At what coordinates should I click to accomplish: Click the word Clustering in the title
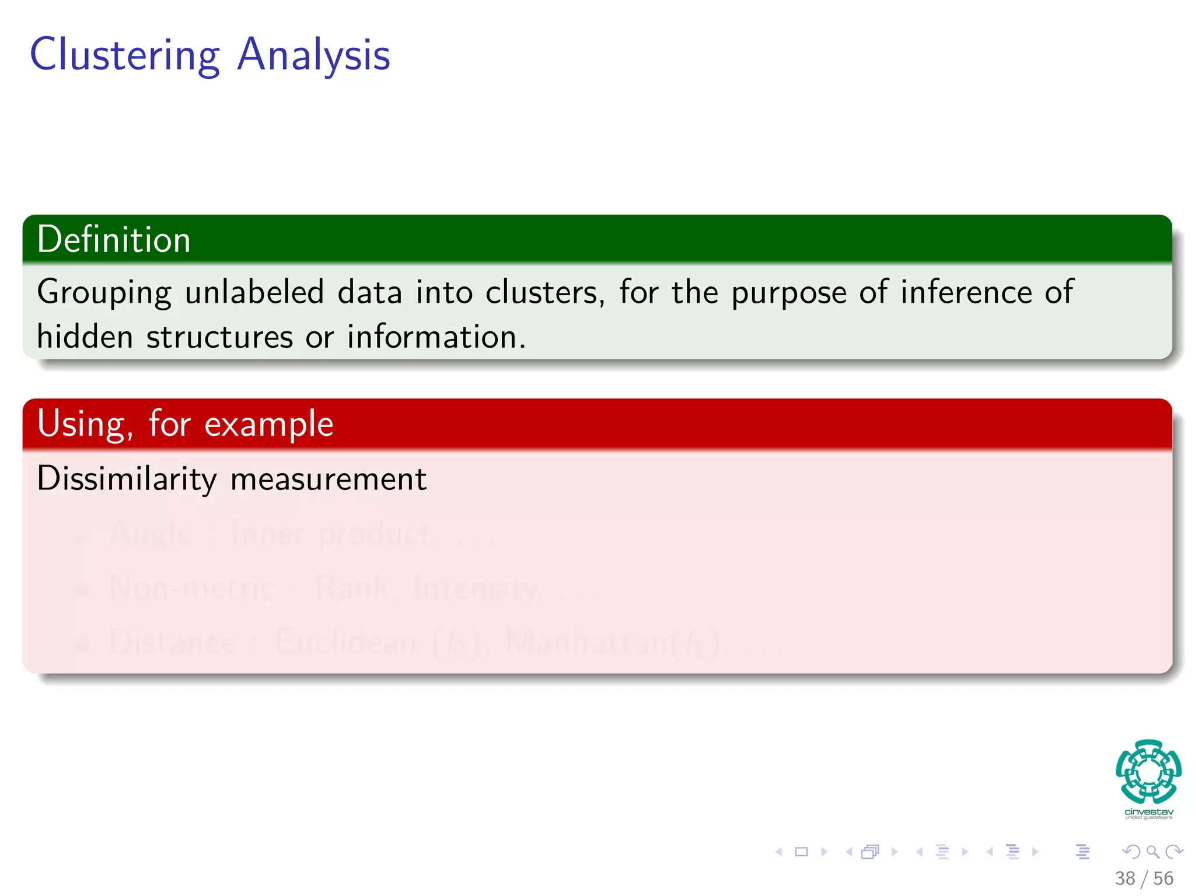(x=124, y=55)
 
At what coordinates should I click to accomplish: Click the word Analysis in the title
(x=314, y=55)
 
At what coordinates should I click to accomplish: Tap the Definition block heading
(x=114, y=240)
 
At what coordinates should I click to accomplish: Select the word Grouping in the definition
(x=104, y=292)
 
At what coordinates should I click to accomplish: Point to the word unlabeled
(x=254, y=292)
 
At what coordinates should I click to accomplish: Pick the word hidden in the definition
(x=85, y=337)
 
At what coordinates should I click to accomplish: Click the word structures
(x=220, y=337)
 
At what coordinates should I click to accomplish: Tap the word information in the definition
(x=436, y=337)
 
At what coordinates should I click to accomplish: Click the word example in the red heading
(x=269, y=424)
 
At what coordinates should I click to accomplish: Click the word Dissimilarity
(x=127, y=479)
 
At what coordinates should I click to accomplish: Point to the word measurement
(x=329, y=479)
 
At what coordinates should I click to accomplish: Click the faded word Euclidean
(x=346, y=642)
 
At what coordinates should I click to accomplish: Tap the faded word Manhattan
(x=589, y=642)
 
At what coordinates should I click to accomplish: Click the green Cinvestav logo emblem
(x=1148, y=772)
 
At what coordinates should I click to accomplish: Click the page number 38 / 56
(x=1144, y=878)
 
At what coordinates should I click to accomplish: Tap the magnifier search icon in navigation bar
(x=1152, y=852)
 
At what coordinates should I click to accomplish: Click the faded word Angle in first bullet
(x=151, y=533)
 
